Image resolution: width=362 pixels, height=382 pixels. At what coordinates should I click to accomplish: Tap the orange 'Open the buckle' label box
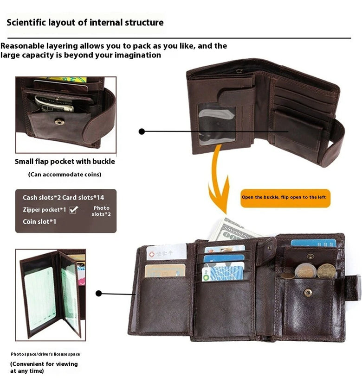click(x=284, y=197)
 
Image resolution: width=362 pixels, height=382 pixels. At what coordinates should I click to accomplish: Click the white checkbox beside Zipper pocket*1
click(x=73, y=210)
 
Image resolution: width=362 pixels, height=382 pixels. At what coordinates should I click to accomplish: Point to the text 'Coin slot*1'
click(x=39, y=222)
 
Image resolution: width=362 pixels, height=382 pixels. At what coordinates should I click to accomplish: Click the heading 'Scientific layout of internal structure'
click(x=85, y=22)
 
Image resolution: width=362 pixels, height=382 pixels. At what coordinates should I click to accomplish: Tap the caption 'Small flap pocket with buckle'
click(x=65, y=162)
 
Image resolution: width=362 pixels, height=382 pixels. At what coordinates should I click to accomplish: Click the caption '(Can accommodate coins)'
click(x=65, y=175)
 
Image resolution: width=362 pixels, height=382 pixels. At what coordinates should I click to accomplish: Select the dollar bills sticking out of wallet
click(x=232, y=230)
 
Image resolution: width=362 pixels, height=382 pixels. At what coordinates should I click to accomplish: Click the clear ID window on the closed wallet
click(x=216, y=124)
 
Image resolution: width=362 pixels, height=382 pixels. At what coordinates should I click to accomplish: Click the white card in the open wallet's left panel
click(x=166, y=252)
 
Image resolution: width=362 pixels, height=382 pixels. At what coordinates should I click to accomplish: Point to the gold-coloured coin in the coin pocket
click(x=326, y=270)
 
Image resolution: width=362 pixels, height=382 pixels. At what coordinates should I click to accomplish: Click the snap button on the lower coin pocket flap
click(x=308, y=292)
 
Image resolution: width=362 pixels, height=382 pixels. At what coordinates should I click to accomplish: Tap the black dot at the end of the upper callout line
click(x=142, y=132)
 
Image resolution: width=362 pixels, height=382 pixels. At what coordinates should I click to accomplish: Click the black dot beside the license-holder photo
click(x=98, y=293)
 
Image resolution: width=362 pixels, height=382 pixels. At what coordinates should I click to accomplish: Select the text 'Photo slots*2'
click(x=101, y=211)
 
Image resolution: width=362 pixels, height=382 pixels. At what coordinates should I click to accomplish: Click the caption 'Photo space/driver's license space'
click(x=45, y=354)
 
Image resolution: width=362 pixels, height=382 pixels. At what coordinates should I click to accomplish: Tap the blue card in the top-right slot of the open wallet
click(x=313, y=243)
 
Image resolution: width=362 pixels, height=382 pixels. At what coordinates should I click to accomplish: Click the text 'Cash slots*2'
click(x=41, y=198)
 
